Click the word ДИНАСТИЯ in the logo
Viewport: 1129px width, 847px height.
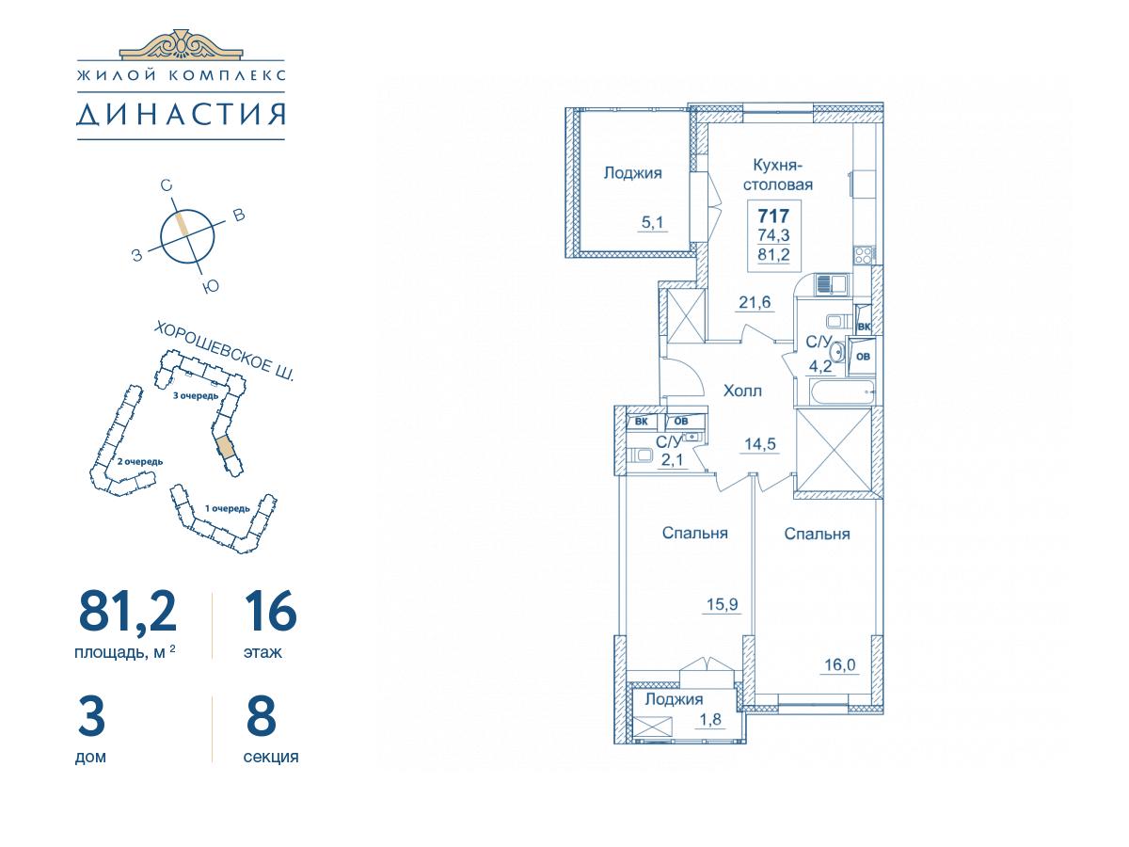[181, 114]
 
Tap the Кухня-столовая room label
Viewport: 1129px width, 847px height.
[778, 175]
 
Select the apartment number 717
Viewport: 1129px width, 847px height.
[773, 216]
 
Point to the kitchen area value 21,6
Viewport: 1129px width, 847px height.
[755, 302]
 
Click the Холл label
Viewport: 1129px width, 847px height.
[742, 391]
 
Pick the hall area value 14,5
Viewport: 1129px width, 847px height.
[760, 443]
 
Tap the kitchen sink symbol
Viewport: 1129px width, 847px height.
[830, 285]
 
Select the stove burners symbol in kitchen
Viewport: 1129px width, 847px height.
[863, 255]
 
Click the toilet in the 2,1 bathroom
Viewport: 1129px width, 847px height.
[640, 455]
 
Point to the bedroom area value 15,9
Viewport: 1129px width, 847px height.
[723, 604]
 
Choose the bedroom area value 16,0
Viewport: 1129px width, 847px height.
[839, 665]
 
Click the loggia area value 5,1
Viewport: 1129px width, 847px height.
[652, 223]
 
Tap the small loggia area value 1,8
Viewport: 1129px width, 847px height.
[710, 719]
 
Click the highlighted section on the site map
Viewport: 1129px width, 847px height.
[225, 447]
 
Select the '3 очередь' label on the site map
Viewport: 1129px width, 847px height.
[196, 395]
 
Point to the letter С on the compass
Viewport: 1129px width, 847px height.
[166, 185]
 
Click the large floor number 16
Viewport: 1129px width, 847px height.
[271, 611]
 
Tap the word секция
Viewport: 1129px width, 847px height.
[271, 757]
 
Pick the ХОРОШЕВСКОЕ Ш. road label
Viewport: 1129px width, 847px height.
[224, 352]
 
